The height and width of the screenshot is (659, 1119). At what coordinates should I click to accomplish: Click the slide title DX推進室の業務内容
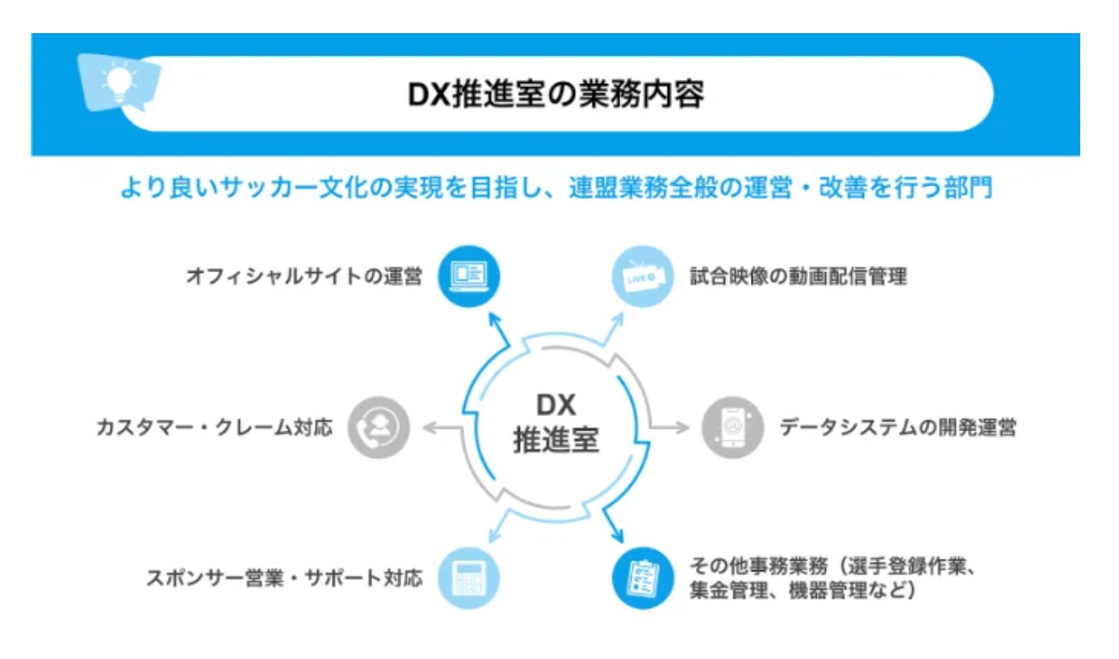click(555, 94)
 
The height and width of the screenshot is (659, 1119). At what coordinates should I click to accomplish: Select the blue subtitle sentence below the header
click(556, 189)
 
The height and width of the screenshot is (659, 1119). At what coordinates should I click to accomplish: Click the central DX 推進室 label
click(555, 424)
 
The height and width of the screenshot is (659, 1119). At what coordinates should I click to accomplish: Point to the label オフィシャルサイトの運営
click(304, 277)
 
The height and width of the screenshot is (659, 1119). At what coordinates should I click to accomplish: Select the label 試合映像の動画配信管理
click(798, 277)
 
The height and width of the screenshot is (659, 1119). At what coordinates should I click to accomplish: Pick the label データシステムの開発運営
click(897, 427)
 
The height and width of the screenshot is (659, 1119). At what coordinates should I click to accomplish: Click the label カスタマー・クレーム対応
click(214, 427)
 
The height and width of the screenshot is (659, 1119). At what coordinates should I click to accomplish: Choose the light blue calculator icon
click(468, 577)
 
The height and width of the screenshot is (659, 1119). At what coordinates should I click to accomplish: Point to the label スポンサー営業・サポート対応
click(284, 578)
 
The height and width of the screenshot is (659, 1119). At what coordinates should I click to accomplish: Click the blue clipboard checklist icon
click(643, 577)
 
